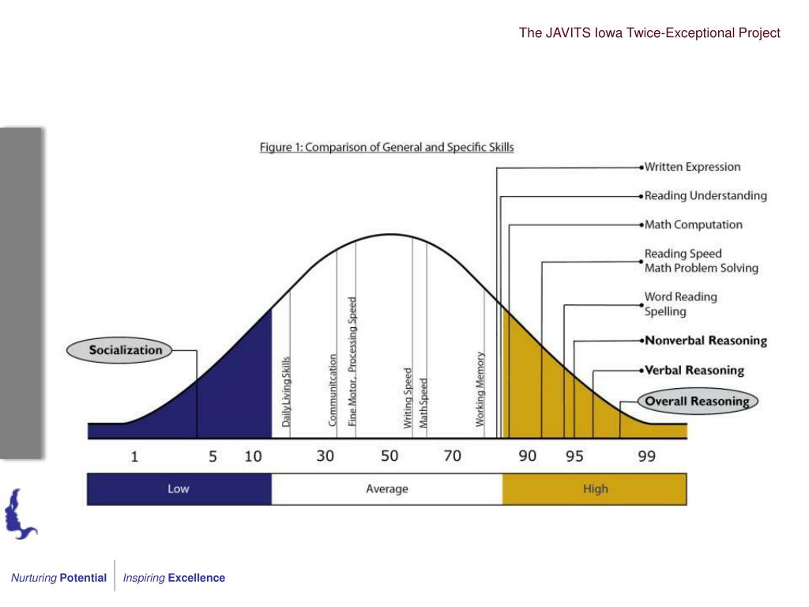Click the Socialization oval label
[x=126, y=350]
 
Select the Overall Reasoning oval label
[x=697, y=401]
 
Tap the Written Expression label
[x=692, y=167]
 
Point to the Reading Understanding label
[x=706, y=195]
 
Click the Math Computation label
[x=694, y=224]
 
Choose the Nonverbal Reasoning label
[x=706, y=341]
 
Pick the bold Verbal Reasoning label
[x=694, y=370]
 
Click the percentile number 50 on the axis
[x=389, y=456]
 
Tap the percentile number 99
[x=646, y=456]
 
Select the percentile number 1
[x=134, y=456]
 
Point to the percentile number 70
[x=452, y=456]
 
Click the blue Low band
[x=179, y=488]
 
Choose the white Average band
[x=387, y=488]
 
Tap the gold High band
[x=595, y=488]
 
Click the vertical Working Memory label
[x=480, y=389]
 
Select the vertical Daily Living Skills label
[x=287, y=391]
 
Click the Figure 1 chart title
[x=387, y=147]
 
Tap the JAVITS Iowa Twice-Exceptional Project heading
[x=649, y=33]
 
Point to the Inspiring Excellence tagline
[x=174, y=578]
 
